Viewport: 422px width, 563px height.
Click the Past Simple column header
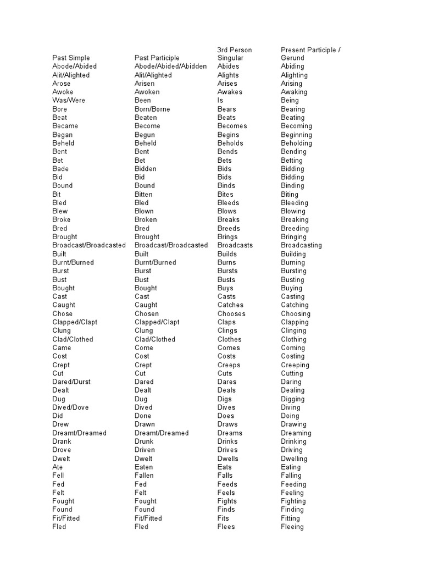tap(71, 58)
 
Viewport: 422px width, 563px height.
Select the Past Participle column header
tap(157, 58)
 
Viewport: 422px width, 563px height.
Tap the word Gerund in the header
tap(292, 58)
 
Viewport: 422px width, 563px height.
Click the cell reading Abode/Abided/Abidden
tap(170, 67)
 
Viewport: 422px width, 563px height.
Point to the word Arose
tap(62, 84)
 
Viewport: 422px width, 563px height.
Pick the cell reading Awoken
tap(148, 92)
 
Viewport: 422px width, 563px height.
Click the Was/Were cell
tap(69, 101)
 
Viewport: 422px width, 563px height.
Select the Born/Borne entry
tap(152, 109)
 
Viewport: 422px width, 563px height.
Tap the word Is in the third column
tap(220, 101)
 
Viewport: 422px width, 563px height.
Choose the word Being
tap(290, 101)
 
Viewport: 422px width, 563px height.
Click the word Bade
tap(60, 169)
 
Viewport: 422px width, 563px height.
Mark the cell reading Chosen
tap(147, 314)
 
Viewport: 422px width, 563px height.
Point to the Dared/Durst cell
tap(71, 382)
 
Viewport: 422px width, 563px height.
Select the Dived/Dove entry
tap(70, 407)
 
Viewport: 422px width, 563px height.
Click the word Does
tap(226, 416)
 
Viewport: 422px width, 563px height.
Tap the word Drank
tap(62, 441)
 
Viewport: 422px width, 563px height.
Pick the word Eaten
tap(144, 467)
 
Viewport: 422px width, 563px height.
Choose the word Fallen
tap(144, 476)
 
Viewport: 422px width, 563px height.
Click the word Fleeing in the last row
tap(292, 527)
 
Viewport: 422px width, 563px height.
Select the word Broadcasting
tap(301, 245)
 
